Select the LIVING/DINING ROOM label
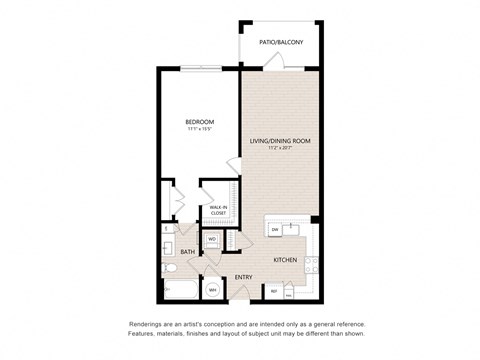click(x=280, y=142)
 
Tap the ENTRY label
click(x=243, y=277)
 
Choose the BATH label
click(x=187, y=252)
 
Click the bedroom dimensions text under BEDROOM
click(x=198, y=129)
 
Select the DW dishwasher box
click(x=275, y=230)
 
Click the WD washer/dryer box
click(x=212, y=240)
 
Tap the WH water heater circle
click(x=213, y=290)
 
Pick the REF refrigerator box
click(x=274, y=291)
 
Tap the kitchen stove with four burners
click(x=311, y=265)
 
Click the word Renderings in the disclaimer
click(x=147, y=325)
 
